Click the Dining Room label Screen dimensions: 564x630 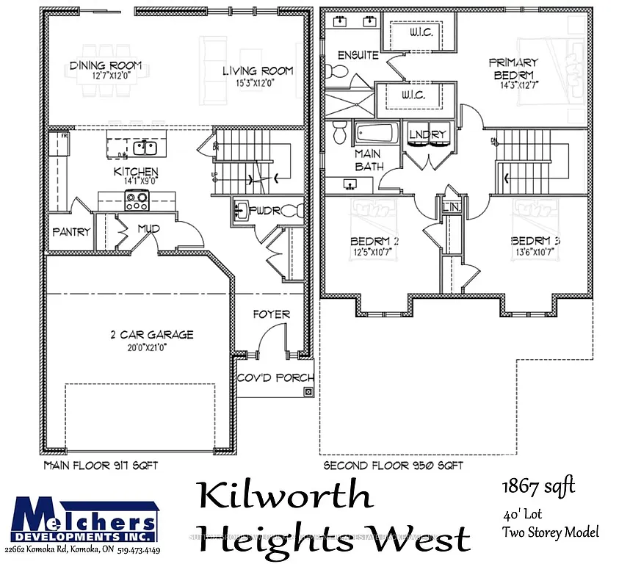point(101,66)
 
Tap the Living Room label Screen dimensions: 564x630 point(258,70)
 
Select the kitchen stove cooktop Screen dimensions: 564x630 point(137,198)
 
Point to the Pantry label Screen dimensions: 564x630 point(71,231)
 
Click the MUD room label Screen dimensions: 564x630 point(149,229)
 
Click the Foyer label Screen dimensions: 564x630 point(271,314)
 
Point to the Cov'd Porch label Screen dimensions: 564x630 point(275,378)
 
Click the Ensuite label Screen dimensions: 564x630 point(358,55)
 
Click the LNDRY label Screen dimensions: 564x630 point(428,134)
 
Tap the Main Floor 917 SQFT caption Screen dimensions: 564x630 point(101,466)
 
